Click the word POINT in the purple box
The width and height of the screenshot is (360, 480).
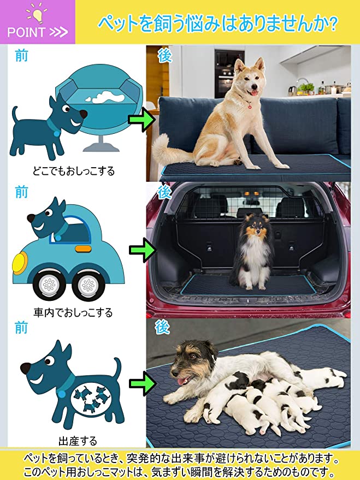[x=26, y=32]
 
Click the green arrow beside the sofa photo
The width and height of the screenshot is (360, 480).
[x=142, y=121]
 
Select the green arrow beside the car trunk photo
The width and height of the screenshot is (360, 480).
[x=142, y=250]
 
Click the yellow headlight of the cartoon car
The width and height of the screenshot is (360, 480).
[x=20, y=263]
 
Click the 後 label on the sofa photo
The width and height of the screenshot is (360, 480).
[x=164, y=56]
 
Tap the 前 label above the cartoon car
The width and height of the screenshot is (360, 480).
[x=21, y=192]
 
